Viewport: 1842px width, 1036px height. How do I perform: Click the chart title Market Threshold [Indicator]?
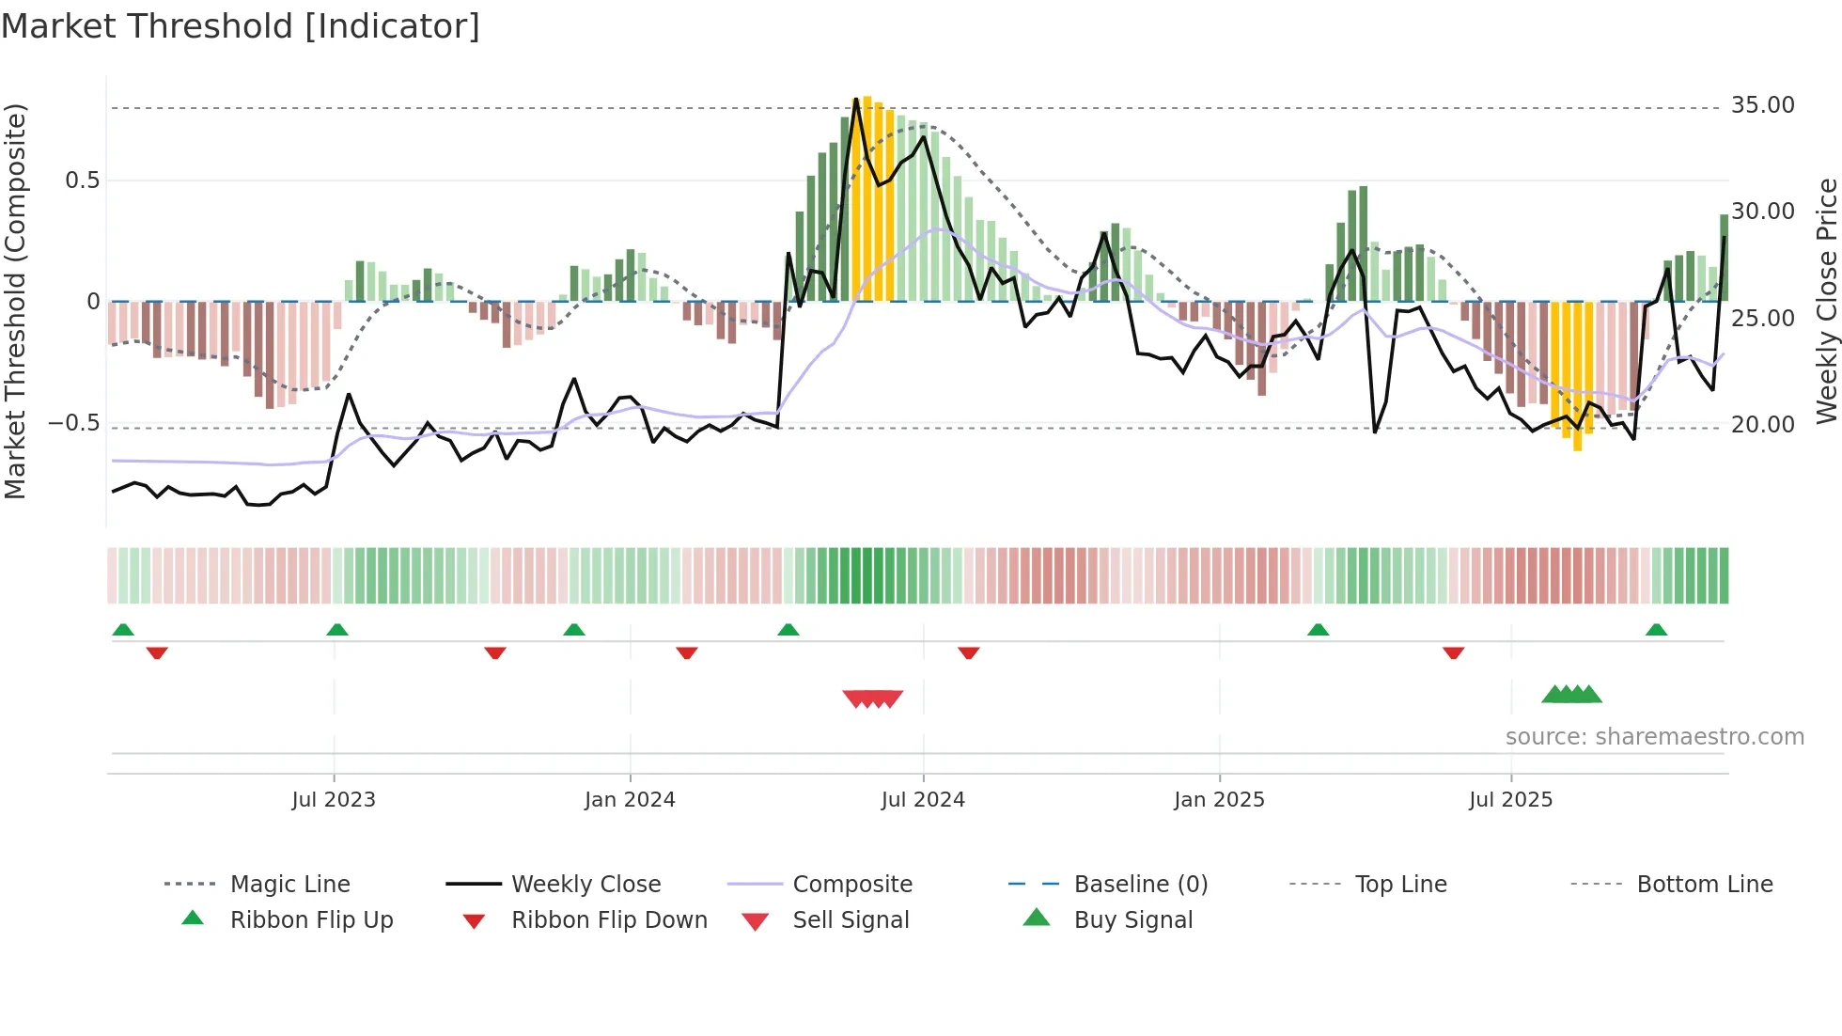tap(241, 26)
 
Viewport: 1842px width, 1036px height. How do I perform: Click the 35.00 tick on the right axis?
tap(1762, 105)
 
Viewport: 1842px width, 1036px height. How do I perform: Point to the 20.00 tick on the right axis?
tap(1762, 425)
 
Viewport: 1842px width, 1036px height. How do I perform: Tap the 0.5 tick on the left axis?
tap(82, 181)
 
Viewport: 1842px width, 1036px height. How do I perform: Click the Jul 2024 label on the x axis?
tap(922, 800)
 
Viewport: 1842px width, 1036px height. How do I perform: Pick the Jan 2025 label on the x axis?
tap(1218, 800)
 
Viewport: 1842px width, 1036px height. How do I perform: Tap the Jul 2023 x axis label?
tap(333, 800)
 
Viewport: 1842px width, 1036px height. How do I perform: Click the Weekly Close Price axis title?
tap(1825, 301)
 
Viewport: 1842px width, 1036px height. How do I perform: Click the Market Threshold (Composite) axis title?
tap(15, 301)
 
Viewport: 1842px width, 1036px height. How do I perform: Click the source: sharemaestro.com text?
tap(1654, 737)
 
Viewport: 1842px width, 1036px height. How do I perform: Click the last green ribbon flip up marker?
tap(1656, 630)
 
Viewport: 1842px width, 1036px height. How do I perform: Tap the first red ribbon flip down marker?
tap(157, 652)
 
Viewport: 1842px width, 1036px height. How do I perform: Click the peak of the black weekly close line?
tap(855, 100)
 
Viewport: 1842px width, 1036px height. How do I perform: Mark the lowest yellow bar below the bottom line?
tap(1578, 447)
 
